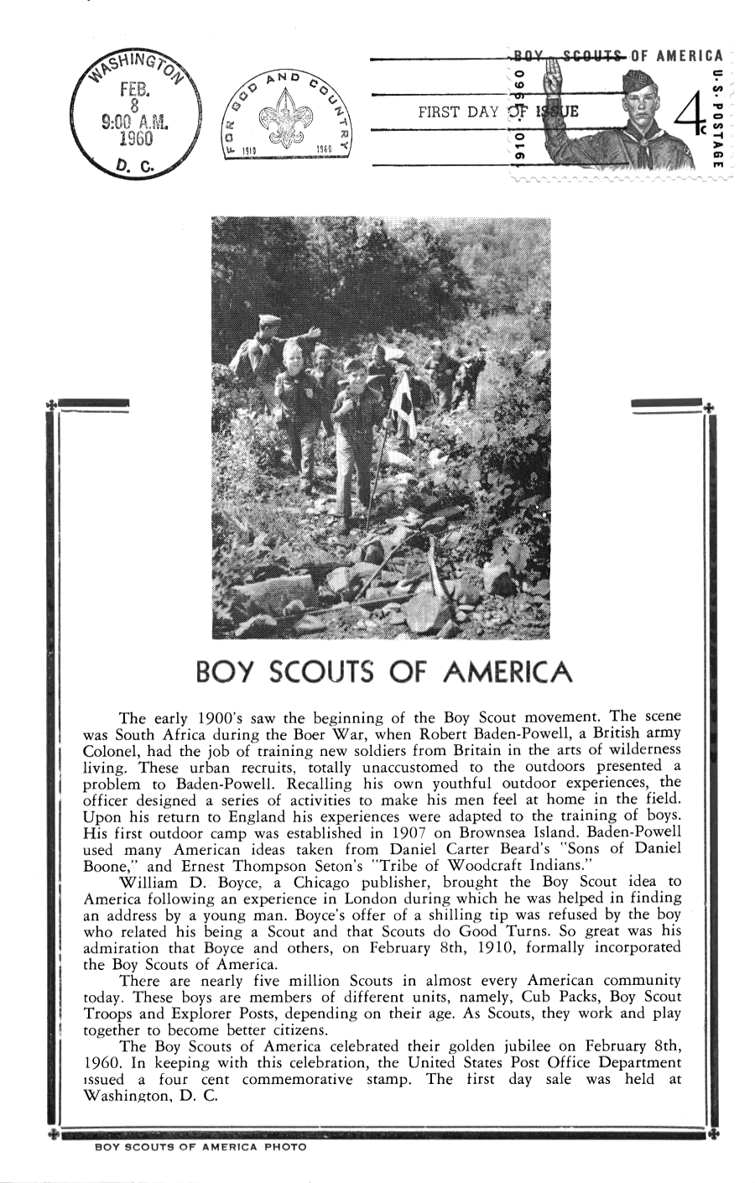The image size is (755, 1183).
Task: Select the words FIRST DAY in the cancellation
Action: (x=458, y=112)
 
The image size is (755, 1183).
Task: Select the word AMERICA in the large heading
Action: (x=507, y=672)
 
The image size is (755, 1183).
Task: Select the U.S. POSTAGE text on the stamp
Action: (x=716, y=117)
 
